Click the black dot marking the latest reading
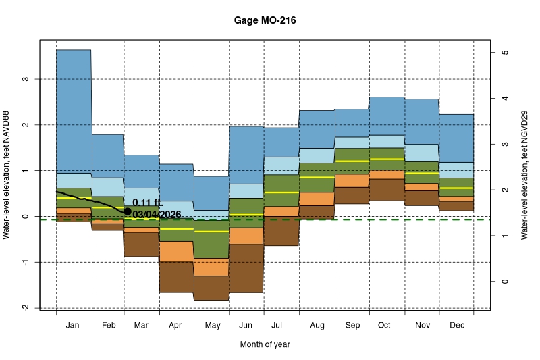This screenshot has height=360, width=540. [128, 211]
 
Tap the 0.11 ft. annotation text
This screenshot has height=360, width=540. [148, 203]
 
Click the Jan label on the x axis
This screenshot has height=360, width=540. [74, 326]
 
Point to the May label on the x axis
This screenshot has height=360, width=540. [212, 326]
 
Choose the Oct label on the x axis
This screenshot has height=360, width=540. [384, 326]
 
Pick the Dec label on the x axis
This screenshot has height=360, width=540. [456, 326]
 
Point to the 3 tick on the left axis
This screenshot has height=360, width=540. [26, 79]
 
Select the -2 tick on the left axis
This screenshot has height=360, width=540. [26, 308]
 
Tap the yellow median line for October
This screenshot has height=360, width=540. [387, 159]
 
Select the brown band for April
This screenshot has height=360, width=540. [177, 277]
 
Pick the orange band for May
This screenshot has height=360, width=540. [212, 267]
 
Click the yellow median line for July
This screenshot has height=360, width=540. [281, 192]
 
